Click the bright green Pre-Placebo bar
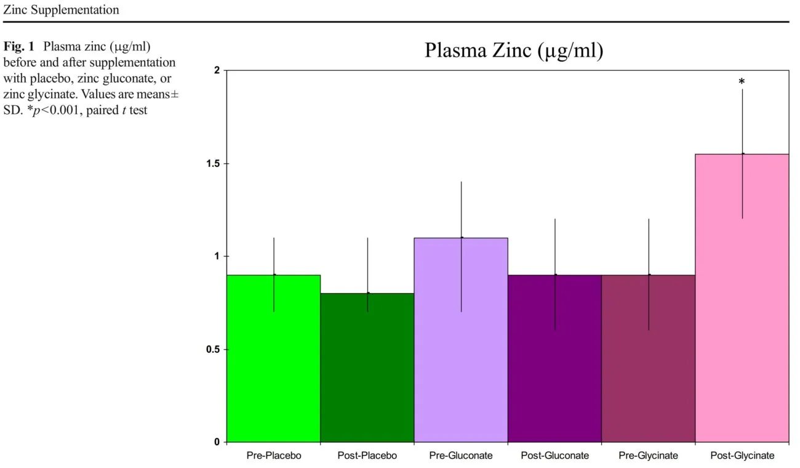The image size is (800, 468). (273, 369)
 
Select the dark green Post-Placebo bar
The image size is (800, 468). (367, 376)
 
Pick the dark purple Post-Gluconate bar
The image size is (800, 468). (554, 369)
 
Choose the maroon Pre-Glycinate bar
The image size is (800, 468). (648, 369)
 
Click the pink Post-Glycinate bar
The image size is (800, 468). (742, 308)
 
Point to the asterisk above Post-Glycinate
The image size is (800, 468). (742, 82)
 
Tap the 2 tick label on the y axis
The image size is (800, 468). (217, 70)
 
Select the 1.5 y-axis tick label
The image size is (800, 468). (212, 163)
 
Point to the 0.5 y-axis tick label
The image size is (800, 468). (212, 349)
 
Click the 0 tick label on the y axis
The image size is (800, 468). (217, 442)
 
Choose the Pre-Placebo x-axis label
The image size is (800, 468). (273, 456)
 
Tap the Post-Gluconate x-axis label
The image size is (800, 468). (554, 456)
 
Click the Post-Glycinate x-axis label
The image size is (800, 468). (742, 456)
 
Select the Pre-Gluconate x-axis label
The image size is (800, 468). (461, 456)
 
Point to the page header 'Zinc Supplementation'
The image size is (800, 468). (61, 10)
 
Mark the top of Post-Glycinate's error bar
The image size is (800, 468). (742, 89)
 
